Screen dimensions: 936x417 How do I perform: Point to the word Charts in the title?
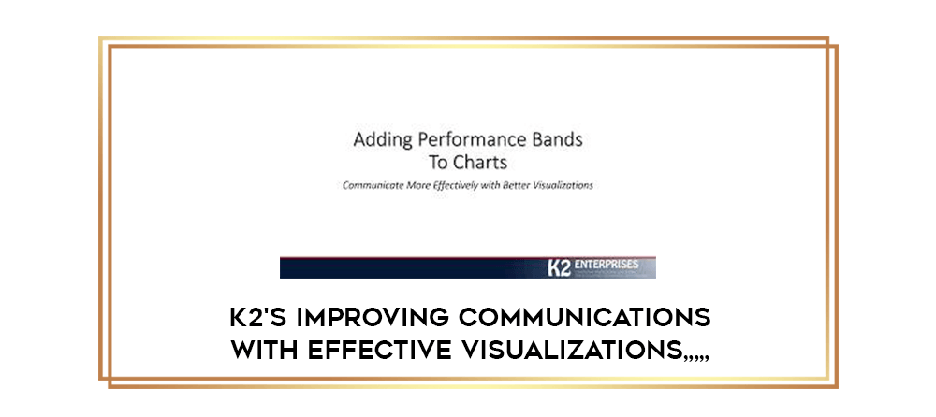click(480, 163)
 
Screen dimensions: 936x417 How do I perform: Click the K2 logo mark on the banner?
click(560, 268)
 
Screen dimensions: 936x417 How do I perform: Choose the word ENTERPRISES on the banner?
click(606, 265)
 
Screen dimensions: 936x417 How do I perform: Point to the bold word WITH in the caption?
click(263, 351)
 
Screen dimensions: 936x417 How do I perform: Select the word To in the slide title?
click(438, 163)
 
